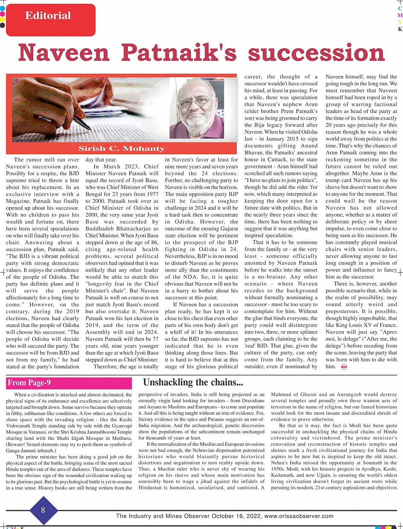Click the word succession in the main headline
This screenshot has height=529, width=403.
click(x=316, y=54)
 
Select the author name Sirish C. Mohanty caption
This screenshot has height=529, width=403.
click(x=122, y=149)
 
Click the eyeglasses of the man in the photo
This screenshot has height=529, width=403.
click(x=194, y=102)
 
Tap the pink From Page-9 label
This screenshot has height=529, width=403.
click(x=28, y=383)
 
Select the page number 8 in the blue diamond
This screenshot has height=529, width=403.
click(x=43, y=510)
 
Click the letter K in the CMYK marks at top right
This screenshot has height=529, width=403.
click(x=400, y=29)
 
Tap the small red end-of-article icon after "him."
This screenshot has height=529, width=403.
click(x=344, y=367)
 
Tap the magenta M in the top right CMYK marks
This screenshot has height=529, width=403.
click(x=400, y=15)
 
